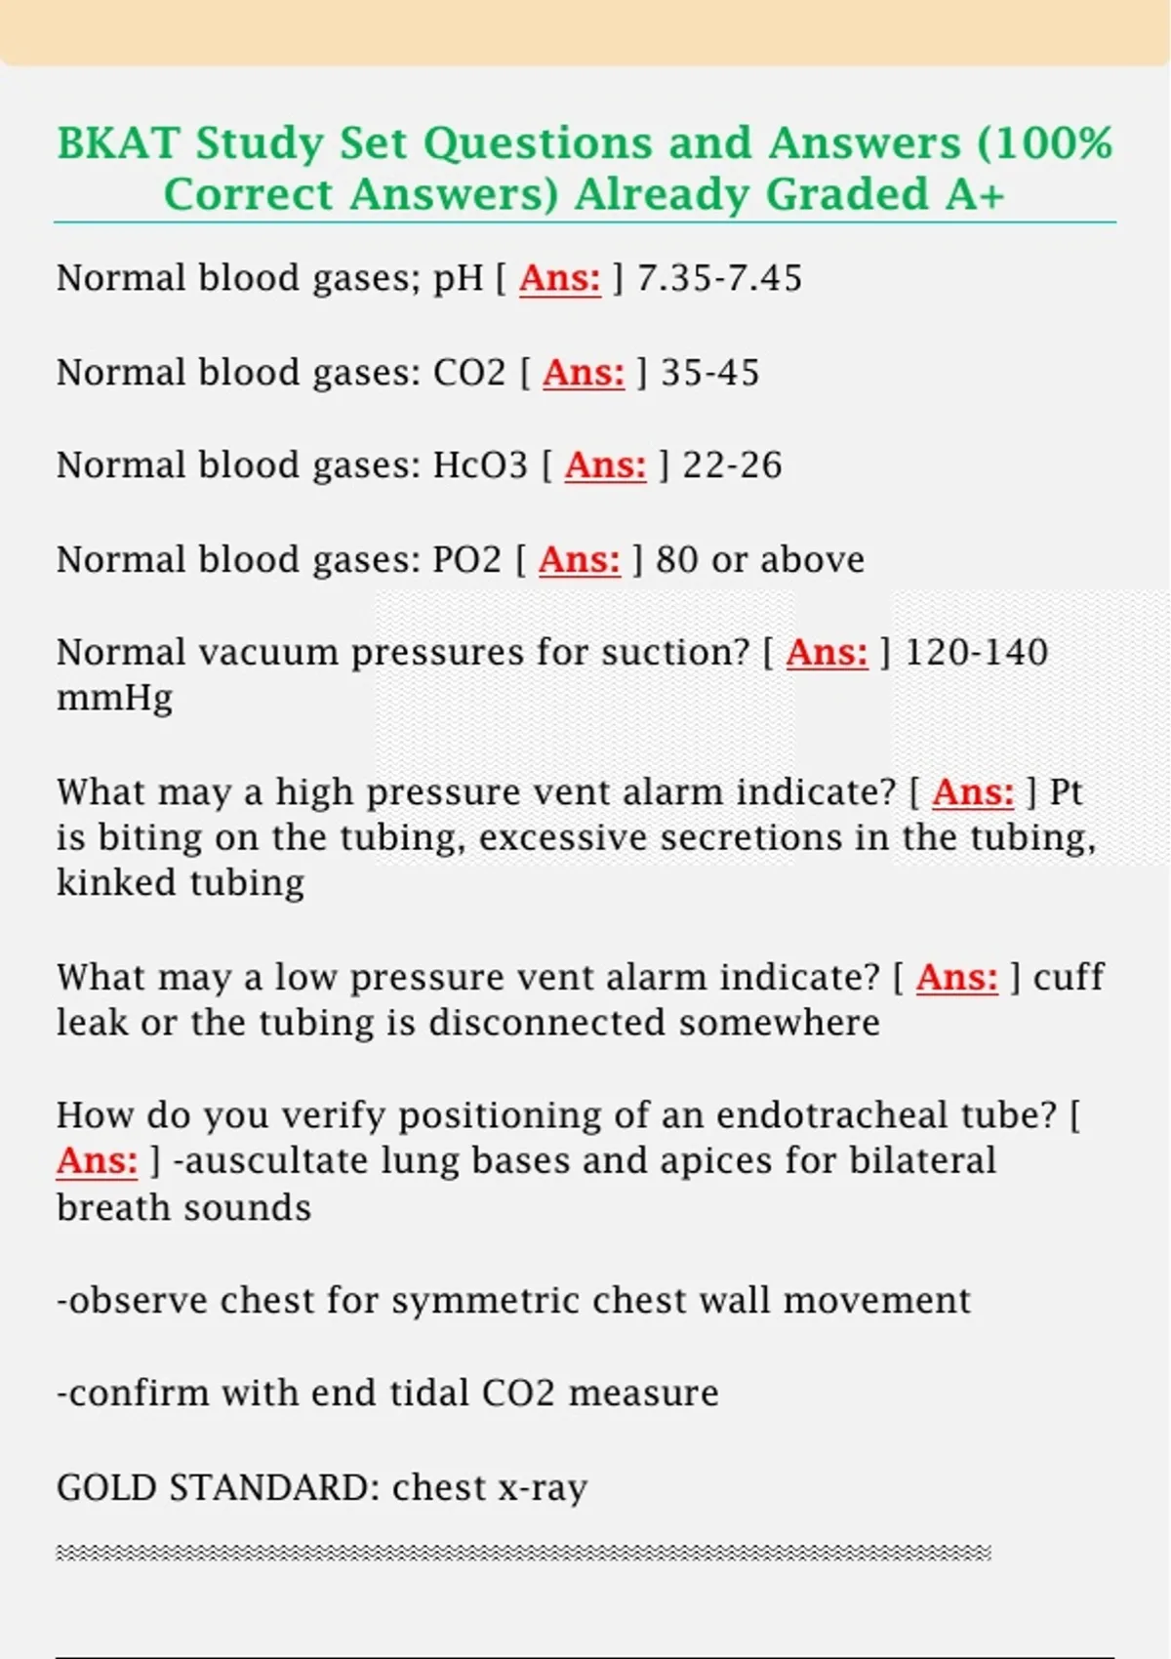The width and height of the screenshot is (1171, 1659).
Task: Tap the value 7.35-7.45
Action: click(719, 278)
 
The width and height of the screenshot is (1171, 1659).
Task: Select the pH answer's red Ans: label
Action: click(559, 278)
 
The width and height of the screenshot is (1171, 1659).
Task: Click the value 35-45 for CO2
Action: click(709, 373)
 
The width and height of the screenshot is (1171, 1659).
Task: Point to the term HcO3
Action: click(480, 465)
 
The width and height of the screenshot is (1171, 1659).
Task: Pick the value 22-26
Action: click(732, 465)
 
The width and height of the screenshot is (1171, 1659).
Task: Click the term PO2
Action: click(466, 560)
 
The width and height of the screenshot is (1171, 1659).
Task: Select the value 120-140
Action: click(976, 652)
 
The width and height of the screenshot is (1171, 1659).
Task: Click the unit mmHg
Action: click(114, 699)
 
